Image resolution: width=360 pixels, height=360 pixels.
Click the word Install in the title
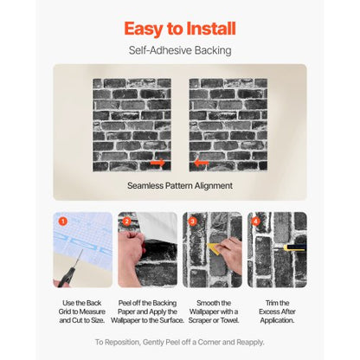[207, 29]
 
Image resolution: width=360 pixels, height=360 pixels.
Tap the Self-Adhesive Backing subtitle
[179, 51]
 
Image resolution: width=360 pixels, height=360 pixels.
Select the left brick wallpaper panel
[131, 125]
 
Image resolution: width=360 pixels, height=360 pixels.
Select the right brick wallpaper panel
[228, 125]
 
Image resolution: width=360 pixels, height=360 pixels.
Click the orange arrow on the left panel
[157, 163]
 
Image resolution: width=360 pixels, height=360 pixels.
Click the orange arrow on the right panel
[202, 163]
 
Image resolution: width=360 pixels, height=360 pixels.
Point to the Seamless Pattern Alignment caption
[179, 185]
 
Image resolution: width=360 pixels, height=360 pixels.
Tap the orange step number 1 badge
[62, 222]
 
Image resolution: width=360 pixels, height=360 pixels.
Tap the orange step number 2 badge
[126, 222]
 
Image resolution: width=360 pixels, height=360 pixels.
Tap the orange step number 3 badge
[191, 222]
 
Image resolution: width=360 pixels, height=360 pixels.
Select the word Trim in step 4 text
[267, 300]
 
